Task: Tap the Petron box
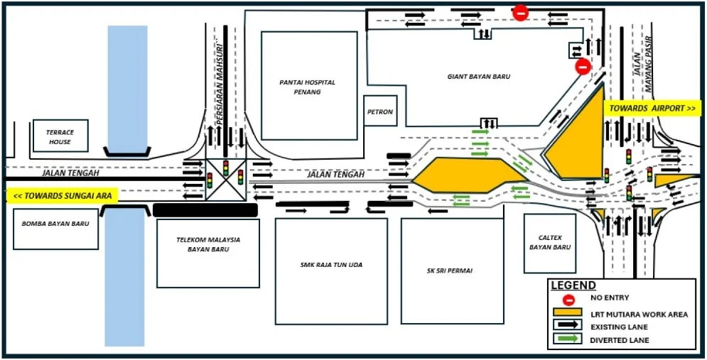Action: point(381,111)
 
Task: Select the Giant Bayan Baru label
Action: point(479,77)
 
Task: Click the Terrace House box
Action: point(60,136)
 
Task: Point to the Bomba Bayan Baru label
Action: point(55,224)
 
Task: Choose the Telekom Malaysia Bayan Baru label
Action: point(208,244)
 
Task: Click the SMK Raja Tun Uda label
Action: point(331,265)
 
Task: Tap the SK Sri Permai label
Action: point(452,271)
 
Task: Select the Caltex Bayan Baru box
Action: point(550,244)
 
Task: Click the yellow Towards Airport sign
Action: point(653,109)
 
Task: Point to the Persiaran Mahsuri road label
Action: point(220,75)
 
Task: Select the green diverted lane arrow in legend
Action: point(568,339)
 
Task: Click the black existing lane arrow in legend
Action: point(568,326)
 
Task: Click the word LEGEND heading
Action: point(573,285)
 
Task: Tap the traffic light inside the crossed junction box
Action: point(226,167)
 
